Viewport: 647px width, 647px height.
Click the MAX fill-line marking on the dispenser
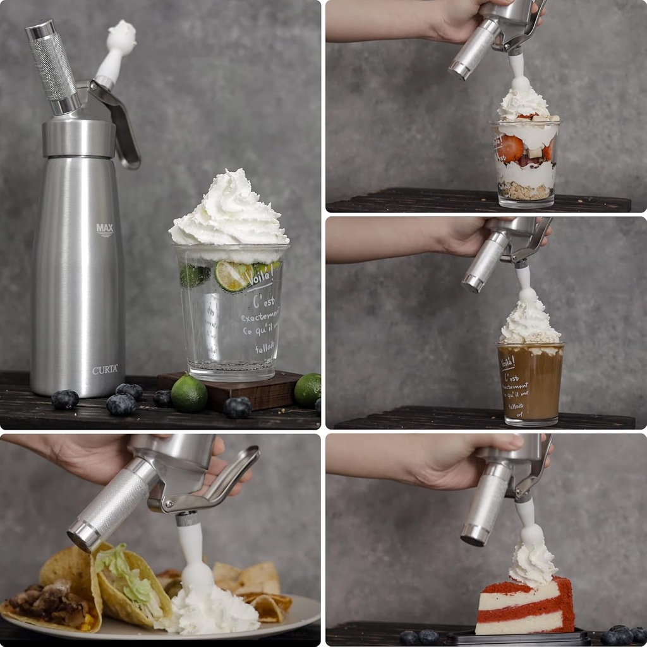point(105,229)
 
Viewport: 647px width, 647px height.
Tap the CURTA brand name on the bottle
point(105,370)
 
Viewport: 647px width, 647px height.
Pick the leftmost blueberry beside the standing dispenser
point(65,399)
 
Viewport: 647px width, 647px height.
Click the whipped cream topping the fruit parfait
point(523,104)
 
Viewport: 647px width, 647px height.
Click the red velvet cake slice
point(524,607)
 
